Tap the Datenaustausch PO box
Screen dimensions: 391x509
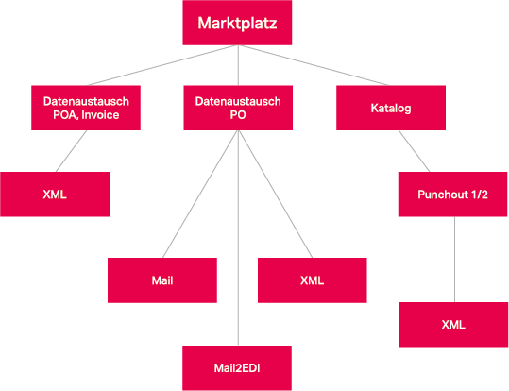237,108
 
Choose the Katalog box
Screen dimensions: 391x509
391,108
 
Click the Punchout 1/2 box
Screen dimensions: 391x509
451,194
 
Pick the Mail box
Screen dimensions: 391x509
162,280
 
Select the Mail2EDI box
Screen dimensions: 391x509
237,367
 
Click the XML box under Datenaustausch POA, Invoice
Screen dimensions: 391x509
54,194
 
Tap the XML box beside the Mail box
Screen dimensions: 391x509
312,280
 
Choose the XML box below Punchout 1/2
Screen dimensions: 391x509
454,325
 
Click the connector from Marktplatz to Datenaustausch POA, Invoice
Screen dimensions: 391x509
156,66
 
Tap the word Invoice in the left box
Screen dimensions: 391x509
122,116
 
